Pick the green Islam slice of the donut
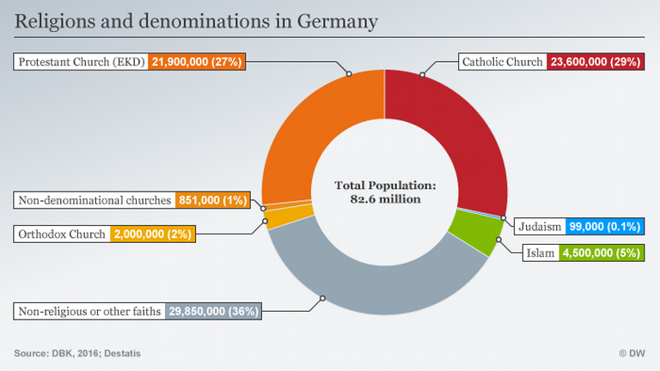tap(473, 233)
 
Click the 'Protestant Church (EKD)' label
tap(82, 62)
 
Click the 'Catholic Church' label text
tap(502, 62)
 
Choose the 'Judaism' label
tap(541, 228)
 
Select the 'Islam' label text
tap(540, 253)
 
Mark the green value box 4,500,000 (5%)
tap(602, 253)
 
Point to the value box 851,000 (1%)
tap(212, 201)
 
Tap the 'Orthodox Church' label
tap(62, 234)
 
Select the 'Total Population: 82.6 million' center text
tap(384, 192)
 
